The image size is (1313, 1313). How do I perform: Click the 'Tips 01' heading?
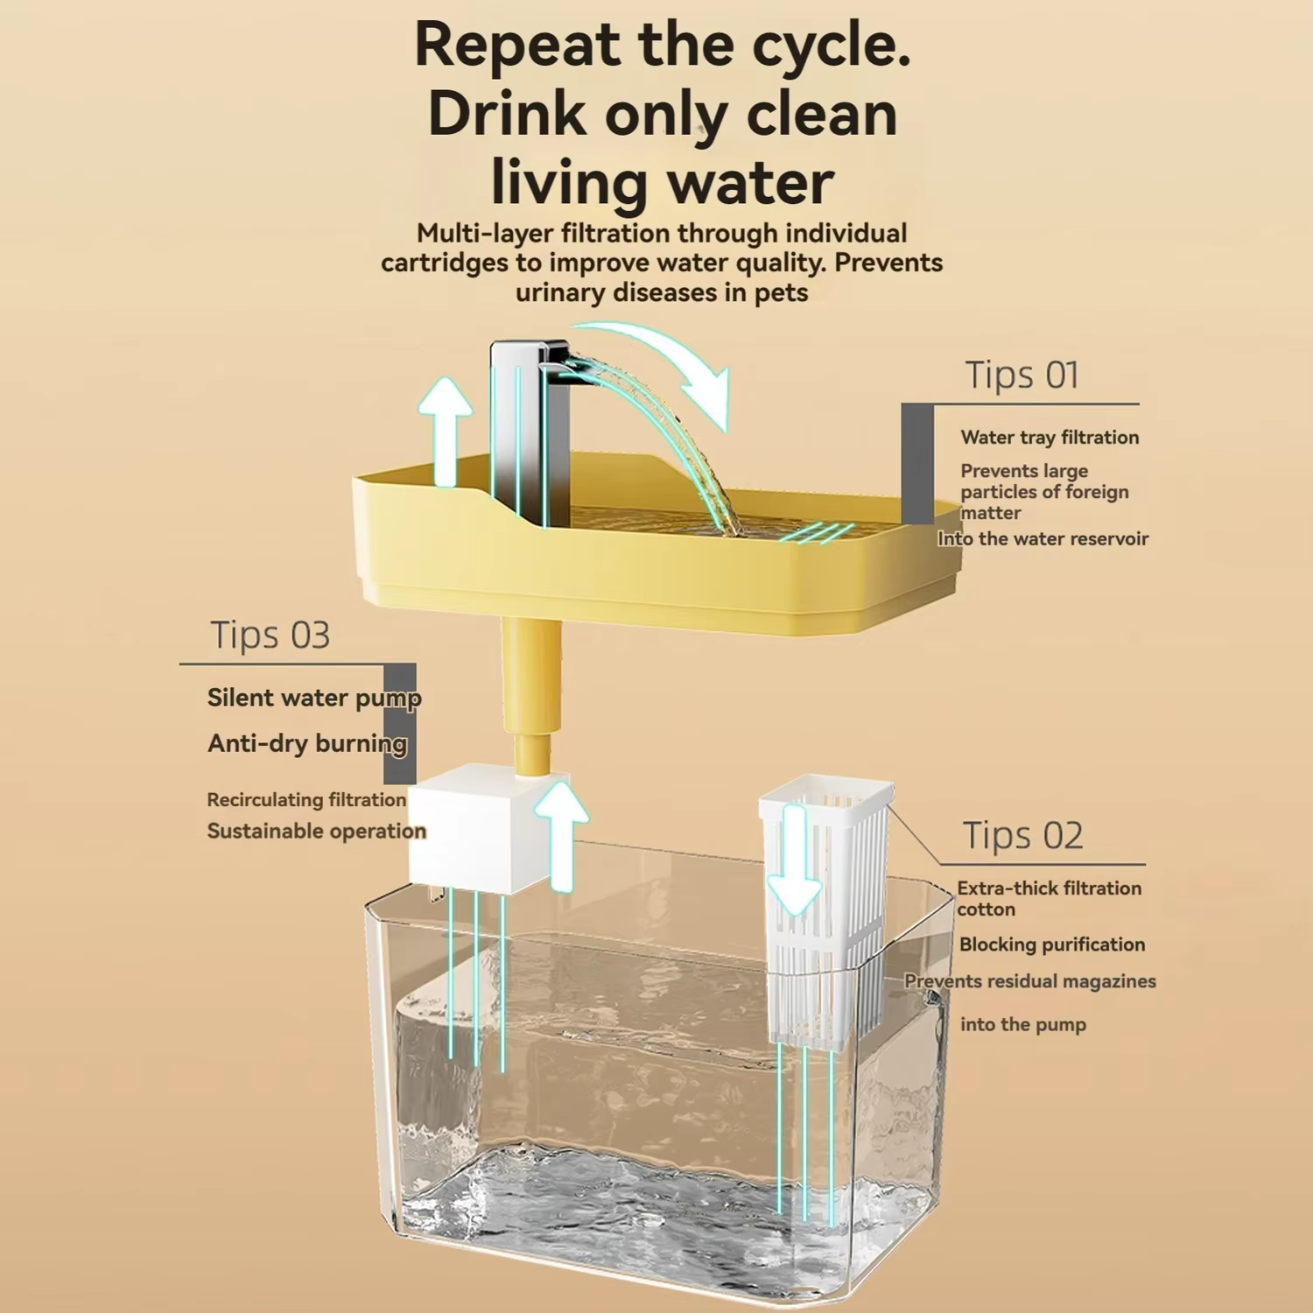point(1022,375)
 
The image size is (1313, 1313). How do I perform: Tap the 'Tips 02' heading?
point(1022,835)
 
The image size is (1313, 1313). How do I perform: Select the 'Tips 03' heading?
point(270,635)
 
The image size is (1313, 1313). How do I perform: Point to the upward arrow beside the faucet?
point(446,429)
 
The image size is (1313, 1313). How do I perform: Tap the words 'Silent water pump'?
point(314,698)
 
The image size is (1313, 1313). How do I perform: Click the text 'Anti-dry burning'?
point(307,743)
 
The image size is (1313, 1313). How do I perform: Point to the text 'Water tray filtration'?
point(1050,437)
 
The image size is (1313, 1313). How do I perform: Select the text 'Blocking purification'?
point(1052,944)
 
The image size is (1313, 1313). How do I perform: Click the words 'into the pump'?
point(1023,1024)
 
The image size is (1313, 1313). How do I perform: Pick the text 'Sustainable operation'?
point(316,831)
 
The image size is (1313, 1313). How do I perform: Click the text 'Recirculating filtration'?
point(306,799)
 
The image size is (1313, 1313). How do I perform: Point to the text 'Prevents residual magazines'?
point(1030,981)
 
